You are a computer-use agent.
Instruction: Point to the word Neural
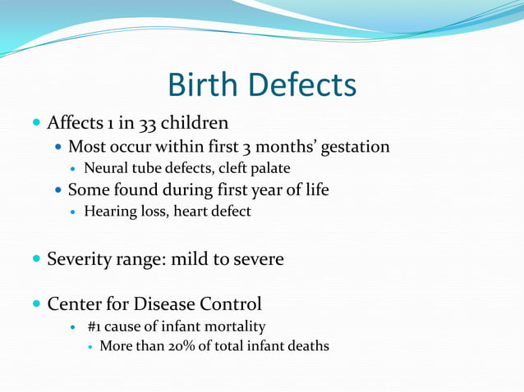(104, 169)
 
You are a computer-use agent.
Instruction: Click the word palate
(270, 169)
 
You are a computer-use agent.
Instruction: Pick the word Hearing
(110, 212)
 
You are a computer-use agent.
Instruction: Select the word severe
(259, 260)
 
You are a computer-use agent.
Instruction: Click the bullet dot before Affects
(36, 125)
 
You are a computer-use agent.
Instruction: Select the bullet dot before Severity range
(36, 261)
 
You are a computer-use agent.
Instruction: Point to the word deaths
(307, 347)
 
